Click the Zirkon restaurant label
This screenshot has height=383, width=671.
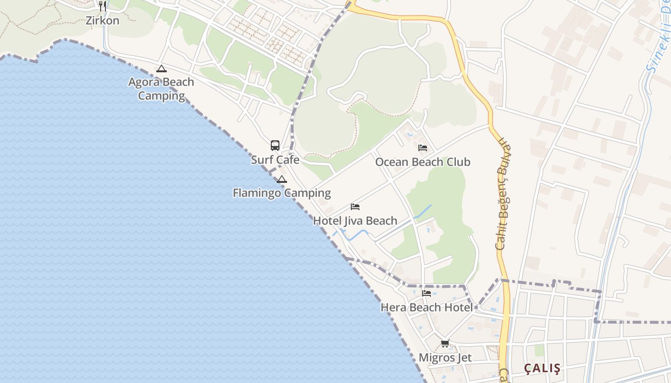coord(103,21)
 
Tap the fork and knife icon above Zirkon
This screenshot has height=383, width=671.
coord(102,6)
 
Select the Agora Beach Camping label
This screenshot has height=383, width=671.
coord(161,89)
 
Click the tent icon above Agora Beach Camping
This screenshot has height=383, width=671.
coord(161,68)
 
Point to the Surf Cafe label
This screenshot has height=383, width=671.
coord(275,159)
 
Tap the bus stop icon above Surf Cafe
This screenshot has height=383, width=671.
coord(275,145)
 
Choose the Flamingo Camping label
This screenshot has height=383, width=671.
coord(281,193)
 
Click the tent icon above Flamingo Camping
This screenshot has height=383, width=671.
coord(282,179)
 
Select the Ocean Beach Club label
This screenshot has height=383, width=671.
coord(422,162)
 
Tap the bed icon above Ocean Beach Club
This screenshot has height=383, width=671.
coord(422,147)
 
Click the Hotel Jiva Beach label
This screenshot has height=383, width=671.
coord(355,221)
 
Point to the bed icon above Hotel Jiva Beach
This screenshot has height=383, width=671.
coord(355,207)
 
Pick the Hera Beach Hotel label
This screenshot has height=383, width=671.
coord(426,307)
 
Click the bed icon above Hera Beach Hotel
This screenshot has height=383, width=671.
coord(426,293)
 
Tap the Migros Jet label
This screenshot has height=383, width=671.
coord(445,358)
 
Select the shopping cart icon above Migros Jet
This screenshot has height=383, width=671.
coord(445,343)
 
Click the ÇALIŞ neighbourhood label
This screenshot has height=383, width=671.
coord(542,368)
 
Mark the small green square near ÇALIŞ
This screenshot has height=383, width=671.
coord(540,350)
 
